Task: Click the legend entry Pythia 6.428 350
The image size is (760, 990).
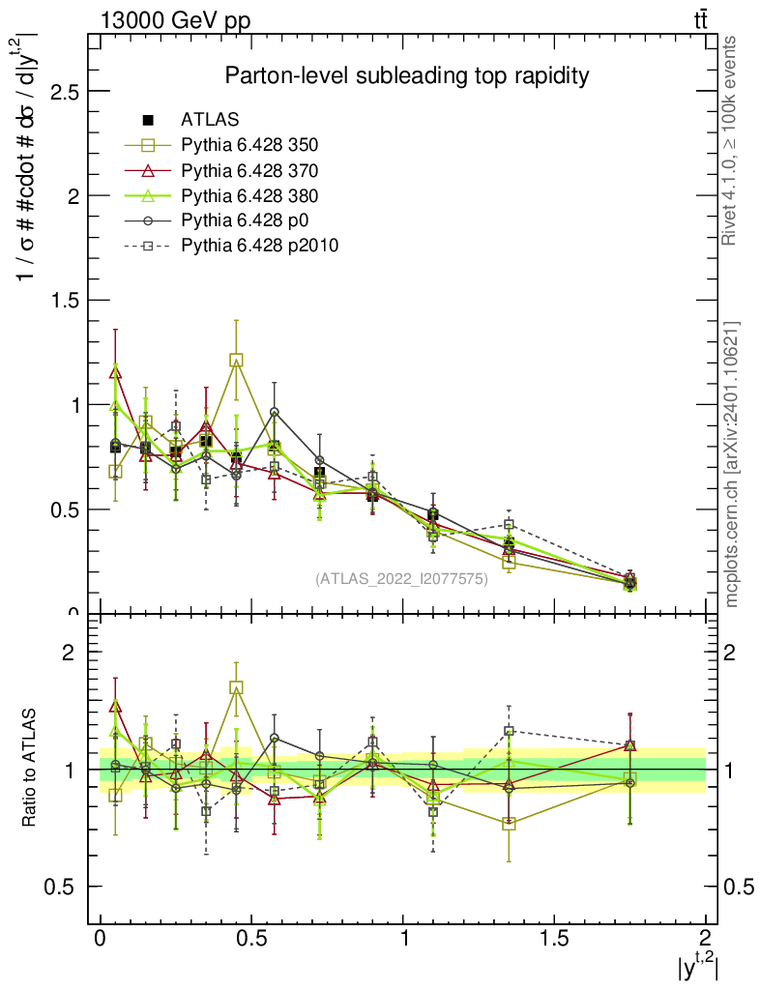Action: coord(248,145)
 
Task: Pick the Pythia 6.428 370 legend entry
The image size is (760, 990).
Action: coord(248,170)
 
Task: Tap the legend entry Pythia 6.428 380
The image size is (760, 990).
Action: coord(248,195)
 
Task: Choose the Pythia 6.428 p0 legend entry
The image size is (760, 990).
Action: coord(242,220)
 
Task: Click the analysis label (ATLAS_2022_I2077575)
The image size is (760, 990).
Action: coord(401,579)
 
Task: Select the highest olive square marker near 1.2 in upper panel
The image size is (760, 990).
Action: coord(236,360)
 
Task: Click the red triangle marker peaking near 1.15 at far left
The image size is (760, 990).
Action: coord(116,371)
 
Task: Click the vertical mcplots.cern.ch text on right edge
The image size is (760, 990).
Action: coord(731,464)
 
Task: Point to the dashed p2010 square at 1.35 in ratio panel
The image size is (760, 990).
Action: coord(509,731)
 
